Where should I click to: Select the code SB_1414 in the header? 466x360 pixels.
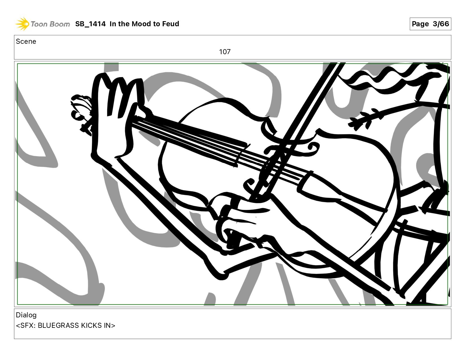(x=90, y=24)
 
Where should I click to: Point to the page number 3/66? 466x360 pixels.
(x=441, y=24)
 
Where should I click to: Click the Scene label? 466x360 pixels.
(x=26, y=42)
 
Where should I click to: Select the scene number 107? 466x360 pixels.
(x=225, y=52)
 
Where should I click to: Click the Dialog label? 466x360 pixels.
(x=26, y=315)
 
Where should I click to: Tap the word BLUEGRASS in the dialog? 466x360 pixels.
(x=58, y=326)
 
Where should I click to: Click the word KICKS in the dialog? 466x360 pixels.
(x=91, y=326)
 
